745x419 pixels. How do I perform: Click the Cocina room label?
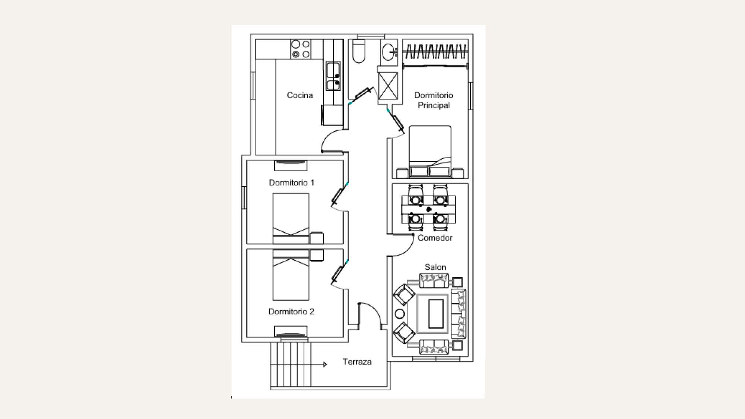(300, 95)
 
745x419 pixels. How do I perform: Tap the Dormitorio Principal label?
(434, 100)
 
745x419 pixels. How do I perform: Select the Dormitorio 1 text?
(292, 182)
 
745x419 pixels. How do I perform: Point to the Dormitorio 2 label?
(291, 311)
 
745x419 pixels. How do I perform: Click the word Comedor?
(435, 238)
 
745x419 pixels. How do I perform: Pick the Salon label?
(435, 267)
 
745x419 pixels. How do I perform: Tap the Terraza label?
(357, 362)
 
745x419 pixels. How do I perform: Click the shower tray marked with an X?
(388, 86)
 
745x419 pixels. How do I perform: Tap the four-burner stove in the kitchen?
(301, 49)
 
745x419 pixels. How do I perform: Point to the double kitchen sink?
(333, 76)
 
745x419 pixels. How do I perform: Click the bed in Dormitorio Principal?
(430, 152)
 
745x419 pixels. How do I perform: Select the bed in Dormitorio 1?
(291, 219)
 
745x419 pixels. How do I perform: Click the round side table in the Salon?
(400, 314)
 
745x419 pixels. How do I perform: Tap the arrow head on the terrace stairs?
(325, 364)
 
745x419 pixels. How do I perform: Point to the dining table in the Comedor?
(428, 209)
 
